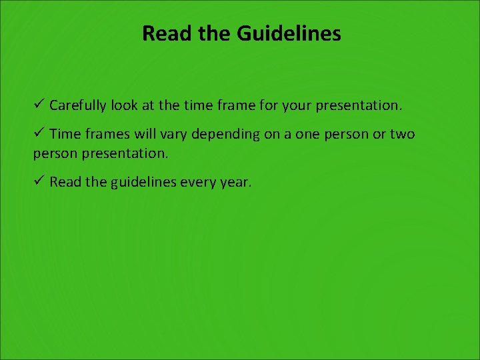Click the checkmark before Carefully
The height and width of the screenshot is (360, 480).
[x=39, y=105]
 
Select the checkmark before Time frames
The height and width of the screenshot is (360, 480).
[x=39, y=133]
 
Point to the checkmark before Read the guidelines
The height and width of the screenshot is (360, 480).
[x=39, y=181]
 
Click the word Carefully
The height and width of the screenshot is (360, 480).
[x=79, y=105]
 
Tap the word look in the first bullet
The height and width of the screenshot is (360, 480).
[x=126, y=105]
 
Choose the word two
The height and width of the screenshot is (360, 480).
[x=402, y=134]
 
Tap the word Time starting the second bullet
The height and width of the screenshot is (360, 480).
[x=64, y=134]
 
